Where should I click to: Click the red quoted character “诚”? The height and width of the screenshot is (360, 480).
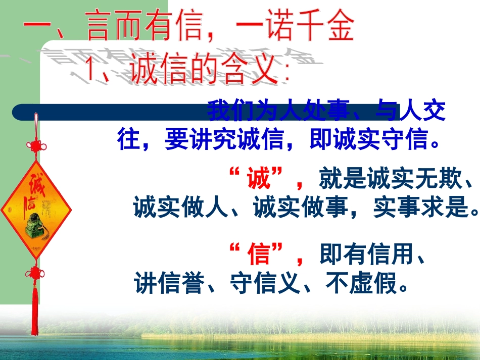click(259, 180)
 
